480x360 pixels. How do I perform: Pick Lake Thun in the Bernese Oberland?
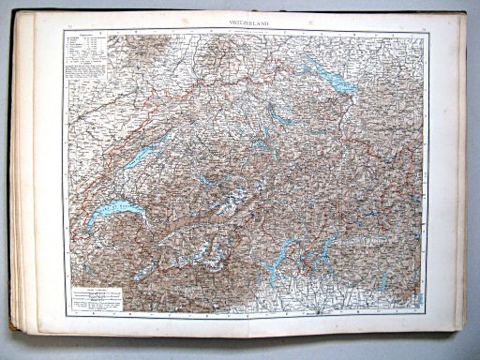tap(205, 178)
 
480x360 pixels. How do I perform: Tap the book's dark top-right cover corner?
tap(463, 19)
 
